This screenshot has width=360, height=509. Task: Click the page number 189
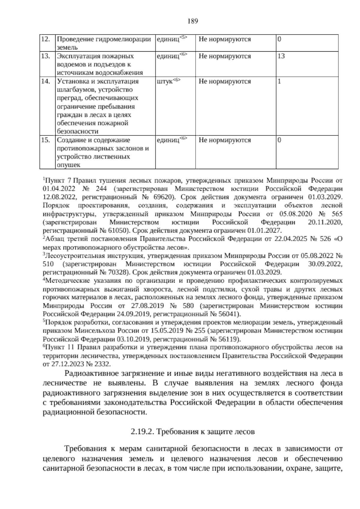click(193, 21)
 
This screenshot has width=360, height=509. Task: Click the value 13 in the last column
click(281, 56)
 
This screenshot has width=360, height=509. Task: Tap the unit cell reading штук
click(165, 82)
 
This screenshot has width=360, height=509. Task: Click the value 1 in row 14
click(279, 82)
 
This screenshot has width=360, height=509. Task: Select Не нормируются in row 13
click(225, 56)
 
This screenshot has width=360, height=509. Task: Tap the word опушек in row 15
click(67, 165)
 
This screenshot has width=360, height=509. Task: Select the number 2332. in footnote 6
click(103, 364)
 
